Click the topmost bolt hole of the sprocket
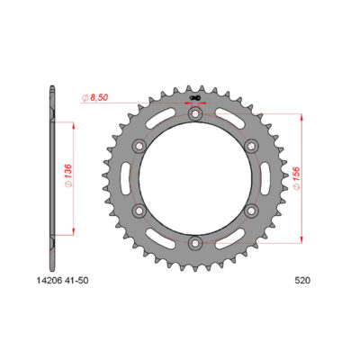tap(193, 114)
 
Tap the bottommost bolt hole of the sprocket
tap(193, 242)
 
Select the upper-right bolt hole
tap(249, 147)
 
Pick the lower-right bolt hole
tap(249, 211)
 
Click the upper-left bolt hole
tap(138, 147)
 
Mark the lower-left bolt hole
tap(138, 211)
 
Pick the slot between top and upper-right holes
tap(226, 124)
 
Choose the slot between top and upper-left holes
tap(162, 124)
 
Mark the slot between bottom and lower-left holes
tap(162, 233)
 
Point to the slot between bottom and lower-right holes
tap(226, 233)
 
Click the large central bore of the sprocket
tap(193, 178)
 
